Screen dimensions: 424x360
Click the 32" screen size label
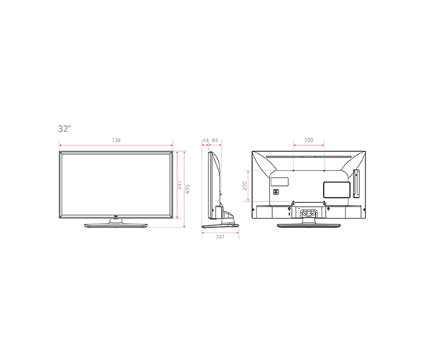(64, 129)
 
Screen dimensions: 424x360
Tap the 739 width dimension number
(116, 140)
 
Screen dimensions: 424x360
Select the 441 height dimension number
(179, 185)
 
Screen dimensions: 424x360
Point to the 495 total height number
(188, 189)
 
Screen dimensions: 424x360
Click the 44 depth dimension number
(205, 140)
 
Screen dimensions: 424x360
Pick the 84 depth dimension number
(215, 140)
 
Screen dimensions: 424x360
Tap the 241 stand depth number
(220, 237)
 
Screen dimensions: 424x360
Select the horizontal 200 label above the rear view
(308, 140)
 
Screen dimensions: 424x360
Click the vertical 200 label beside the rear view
(245, 186)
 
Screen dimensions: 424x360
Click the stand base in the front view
(116, 226)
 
